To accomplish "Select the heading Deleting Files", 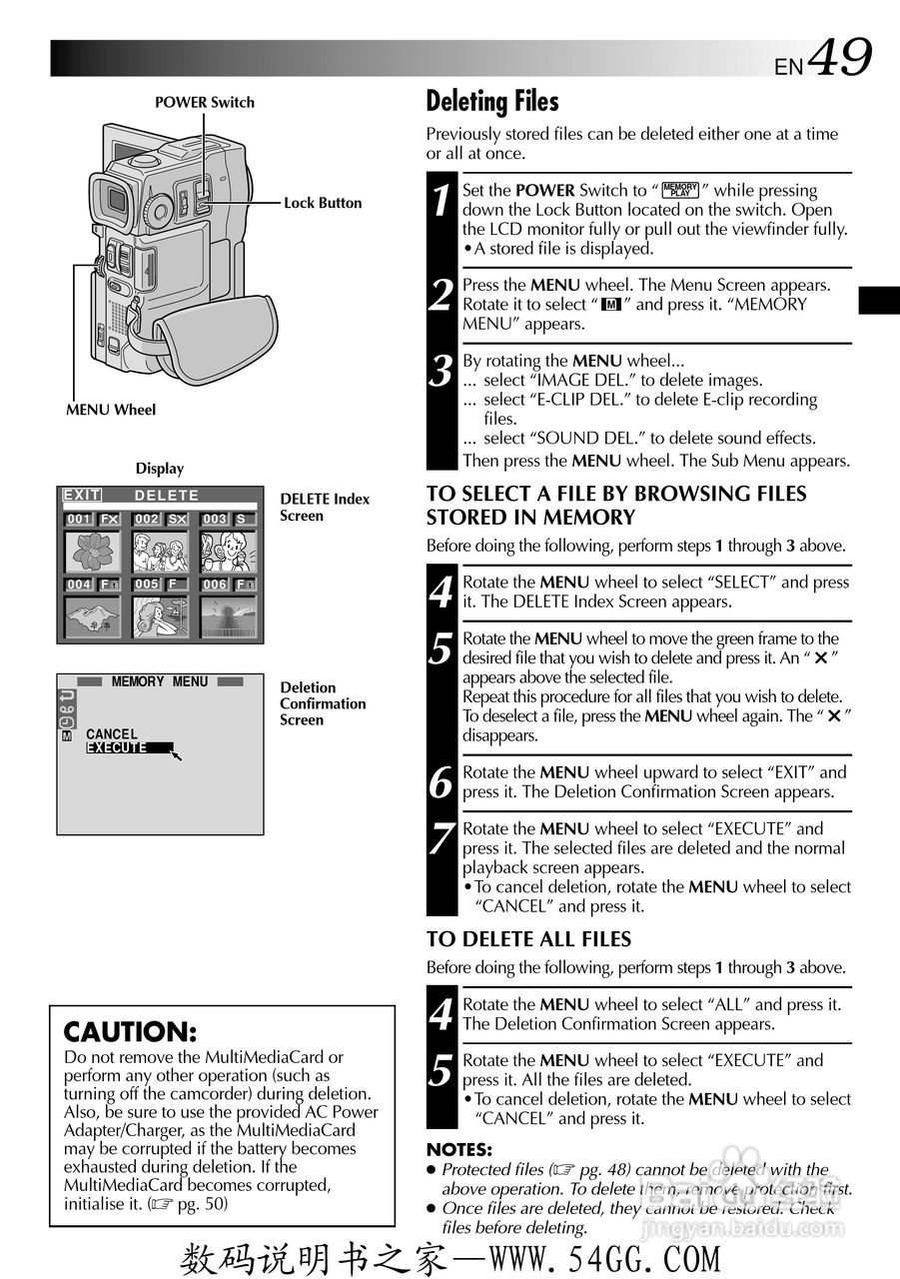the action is (491, 101).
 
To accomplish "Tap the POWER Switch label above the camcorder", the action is (205, 102).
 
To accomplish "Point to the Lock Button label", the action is (323, 203).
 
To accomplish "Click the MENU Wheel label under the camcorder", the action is (111, 410).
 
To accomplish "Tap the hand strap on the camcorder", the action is (215, 330).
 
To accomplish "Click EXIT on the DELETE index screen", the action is (81, 495).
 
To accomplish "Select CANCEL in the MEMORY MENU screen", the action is (112, 733).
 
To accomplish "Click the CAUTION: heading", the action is (130, 1032).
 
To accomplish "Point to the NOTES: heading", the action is (458, 1150).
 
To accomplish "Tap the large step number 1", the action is (442, 200).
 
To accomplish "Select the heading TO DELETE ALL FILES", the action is (528, 939).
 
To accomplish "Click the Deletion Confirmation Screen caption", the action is (323, 703).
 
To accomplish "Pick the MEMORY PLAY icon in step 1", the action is (680, 190).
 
